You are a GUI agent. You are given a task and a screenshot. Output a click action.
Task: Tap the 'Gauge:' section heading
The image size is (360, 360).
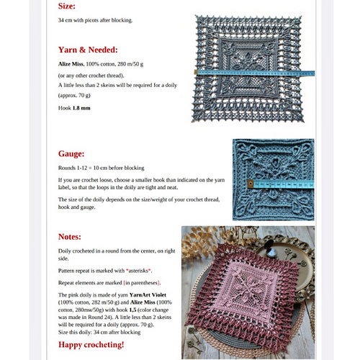coord(74,153)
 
